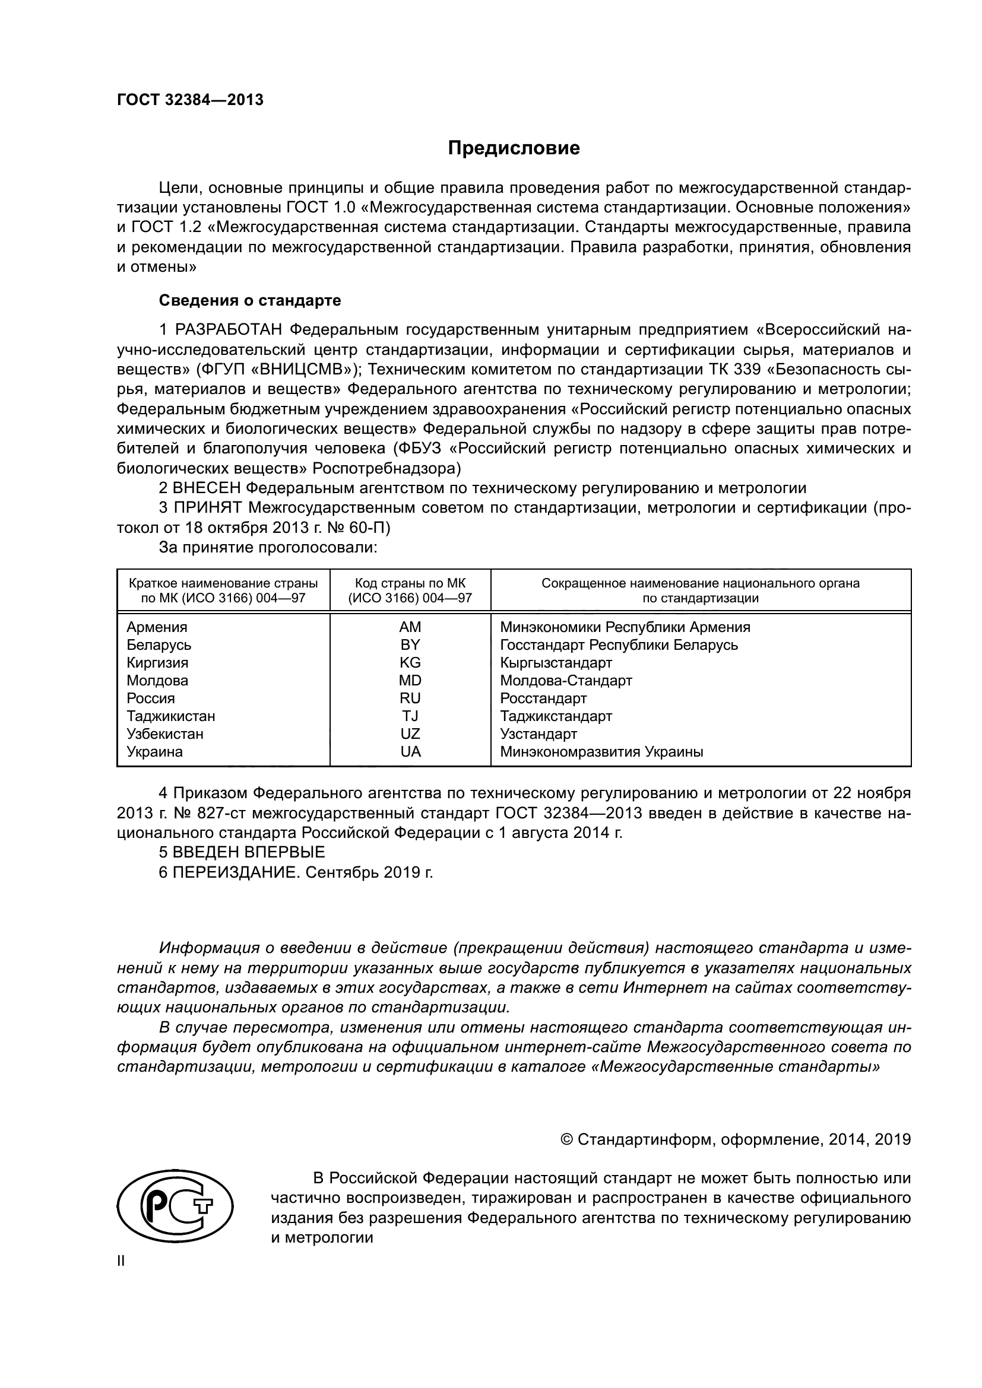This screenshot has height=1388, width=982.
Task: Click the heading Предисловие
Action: coord(514,148)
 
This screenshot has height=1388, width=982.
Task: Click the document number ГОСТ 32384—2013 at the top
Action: coord(190,100)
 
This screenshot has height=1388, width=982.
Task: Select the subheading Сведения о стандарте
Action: coord(250,300)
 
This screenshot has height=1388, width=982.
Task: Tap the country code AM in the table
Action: coord(410,627)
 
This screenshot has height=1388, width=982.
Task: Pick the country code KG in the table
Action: coord(410,663)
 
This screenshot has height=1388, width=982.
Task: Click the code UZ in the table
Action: coord(410,734)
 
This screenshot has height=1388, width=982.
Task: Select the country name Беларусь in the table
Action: coord(159,645)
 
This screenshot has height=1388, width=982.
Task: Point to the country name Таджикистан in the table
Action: coord(170,716)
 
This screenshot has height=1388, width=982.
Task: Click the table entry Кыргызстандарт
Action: coord(556,663)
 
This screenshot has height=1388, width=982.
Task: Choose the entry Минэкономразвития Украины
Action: coord(601,752)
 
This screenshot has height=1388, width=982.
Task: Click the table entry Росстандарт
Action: coord(543,698)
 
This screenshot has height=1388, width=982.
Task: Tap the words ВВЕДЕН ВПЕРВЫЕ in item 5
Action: coord(249,852)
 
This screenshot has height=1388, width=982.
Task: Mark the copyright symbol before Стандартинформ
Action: coord(567,1139)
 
